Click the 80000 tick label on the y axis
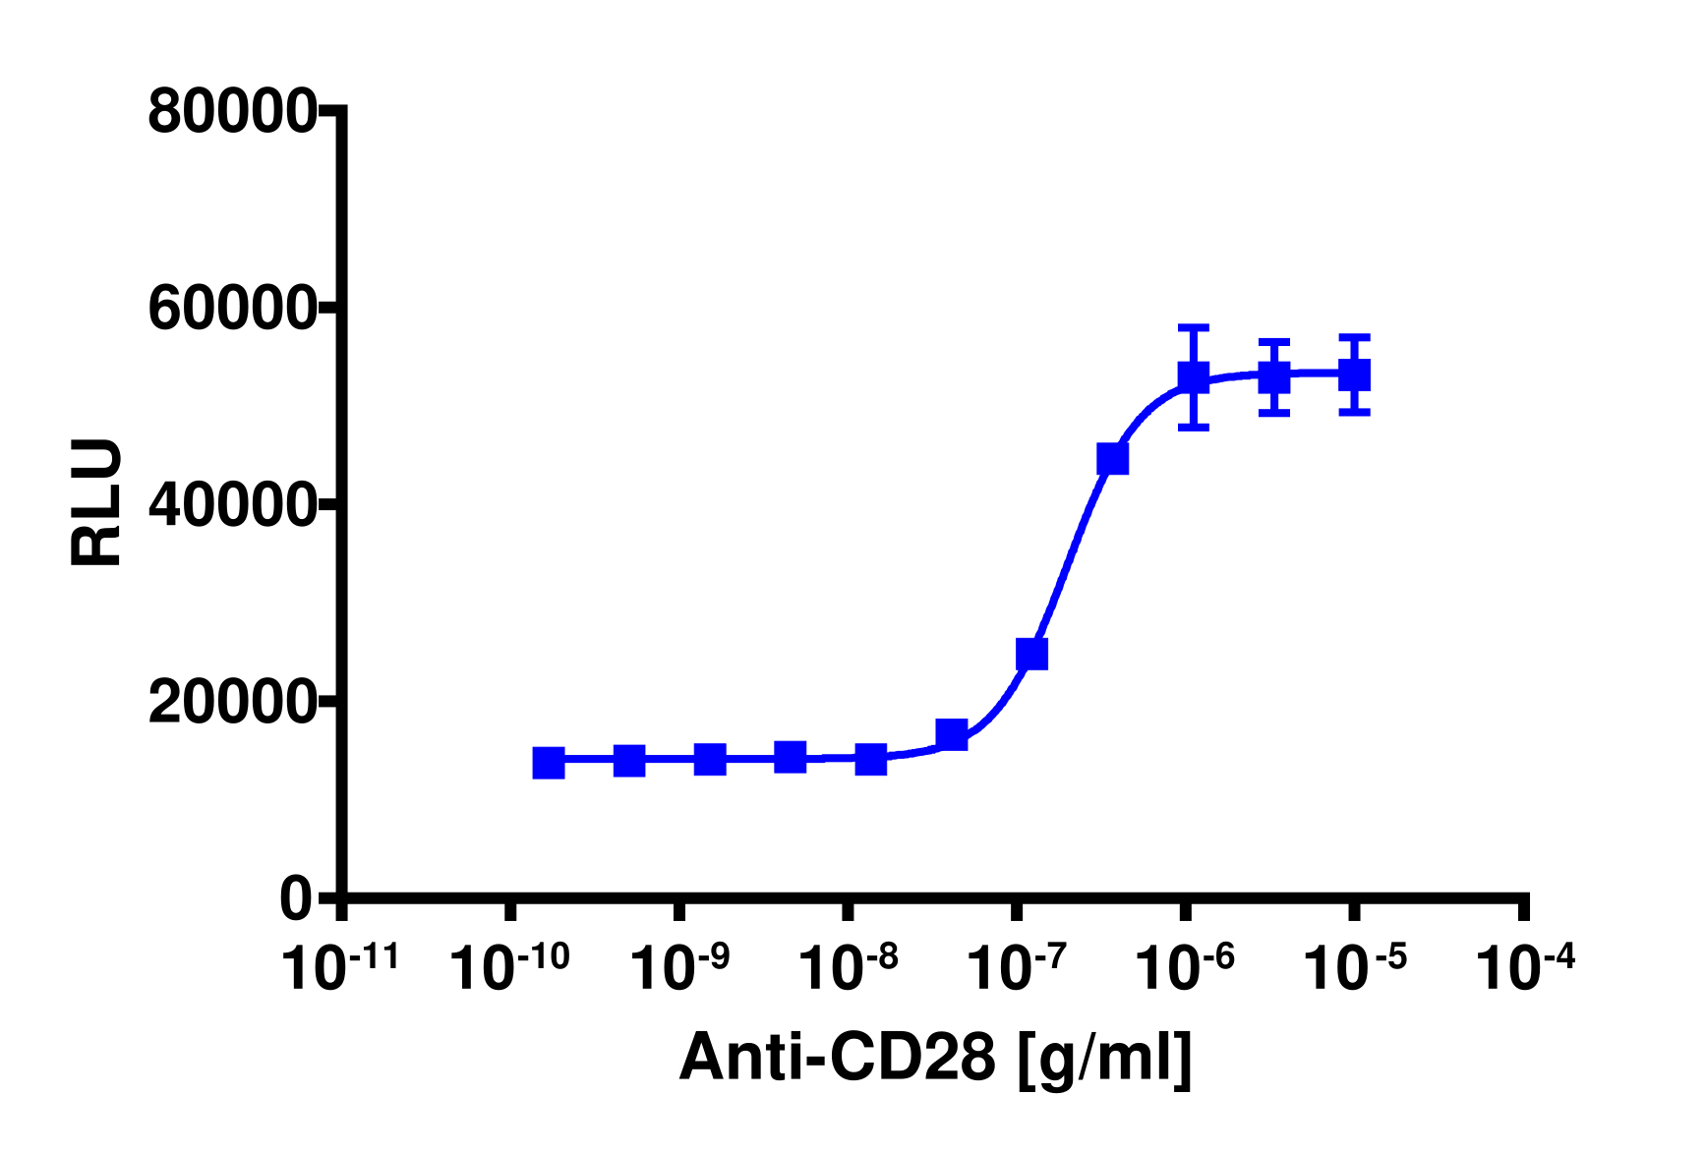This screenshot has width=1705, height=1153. click(x=231, y=112)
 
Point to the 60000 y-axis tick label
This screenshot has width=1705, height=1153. click(x=231, y=309)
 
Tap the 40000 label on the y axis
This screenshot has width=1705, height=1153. click(x=231, y=505)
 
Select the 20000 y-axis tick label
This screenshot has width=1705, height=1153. click(x=231, y=703)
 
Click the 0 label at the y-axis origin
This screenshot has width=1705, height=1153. click(x=296, y=898)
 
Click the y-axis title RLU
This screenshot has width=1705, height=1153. click(x=97, y=502)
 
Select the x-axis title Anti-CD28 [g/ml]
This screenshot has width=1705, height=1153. click(x=935, y=1060)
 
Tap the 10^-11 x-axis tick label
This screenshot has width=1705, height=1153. click(x=340, y=967)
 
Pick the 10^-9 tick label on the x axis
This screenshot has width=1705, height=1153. click(x=678, y=967)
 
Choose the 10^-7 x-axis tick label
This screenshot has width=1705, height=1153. click(x=1017, y=967)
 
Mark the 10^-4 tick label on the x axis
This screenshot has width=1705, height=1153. click(x=1525, y=967)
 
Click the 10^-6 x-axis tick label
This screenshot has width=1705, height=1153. click(x=1185, y=967)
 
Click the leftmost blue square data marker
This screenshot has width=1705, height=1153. click(x=549, y=763)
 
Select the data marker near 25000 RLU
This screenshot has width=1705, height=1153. click(x=1032, y=654)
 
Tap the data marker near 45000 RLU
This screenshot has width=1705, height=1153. click(x=1113, y=459)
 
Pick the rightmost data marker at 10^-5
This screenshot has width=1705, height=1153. click(x=1355, y=375)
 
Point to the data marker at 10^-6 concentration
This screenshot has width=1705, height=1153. click(x=1194, y=376)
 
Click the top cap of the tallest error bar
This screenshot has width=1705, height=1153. click(x=1194, y=326)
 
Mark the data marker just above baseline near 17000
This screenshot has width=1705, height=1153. click(x=952, y=734)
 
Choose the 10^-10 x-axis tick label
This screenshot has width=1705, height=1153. click(x=509, y=967)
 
